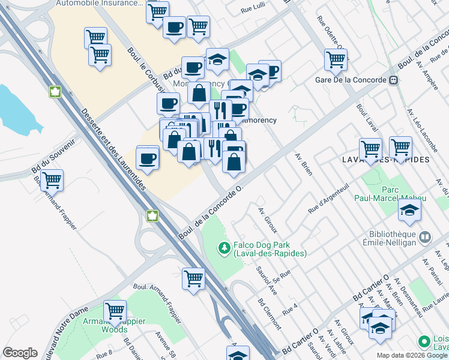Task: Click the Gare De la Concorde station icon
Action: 394,80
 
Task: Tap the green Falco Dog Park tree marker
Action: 224,247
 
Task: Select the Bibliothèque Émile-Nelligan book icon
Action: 425,238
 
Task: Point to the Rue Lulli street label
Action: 253,10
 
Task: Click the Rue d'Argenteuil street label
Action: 328,200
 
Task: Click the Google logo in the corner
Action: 20,352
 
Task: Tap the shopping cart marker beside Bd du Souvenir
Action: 52,179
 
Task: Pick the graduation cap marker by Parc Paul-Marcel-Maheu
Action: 409,209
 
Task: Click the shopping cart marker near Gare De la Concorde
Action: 336,58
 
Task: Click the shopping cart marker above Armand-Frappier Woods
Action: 114,310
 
